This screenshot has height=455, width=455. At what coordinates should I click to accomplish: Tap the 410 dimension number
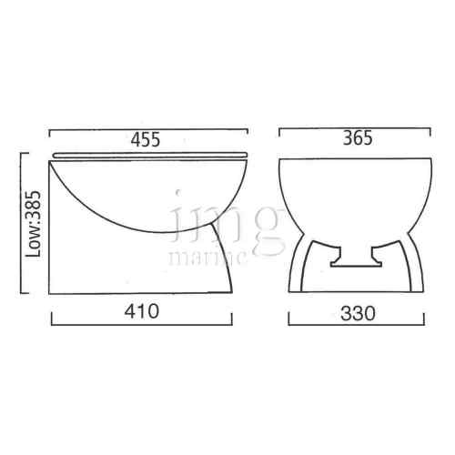145,311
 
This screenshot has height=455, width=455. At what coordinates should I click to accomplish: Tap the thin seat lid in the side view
150,154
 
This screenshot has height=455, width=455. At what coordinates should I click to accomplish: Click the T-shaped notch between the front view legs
349,259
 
